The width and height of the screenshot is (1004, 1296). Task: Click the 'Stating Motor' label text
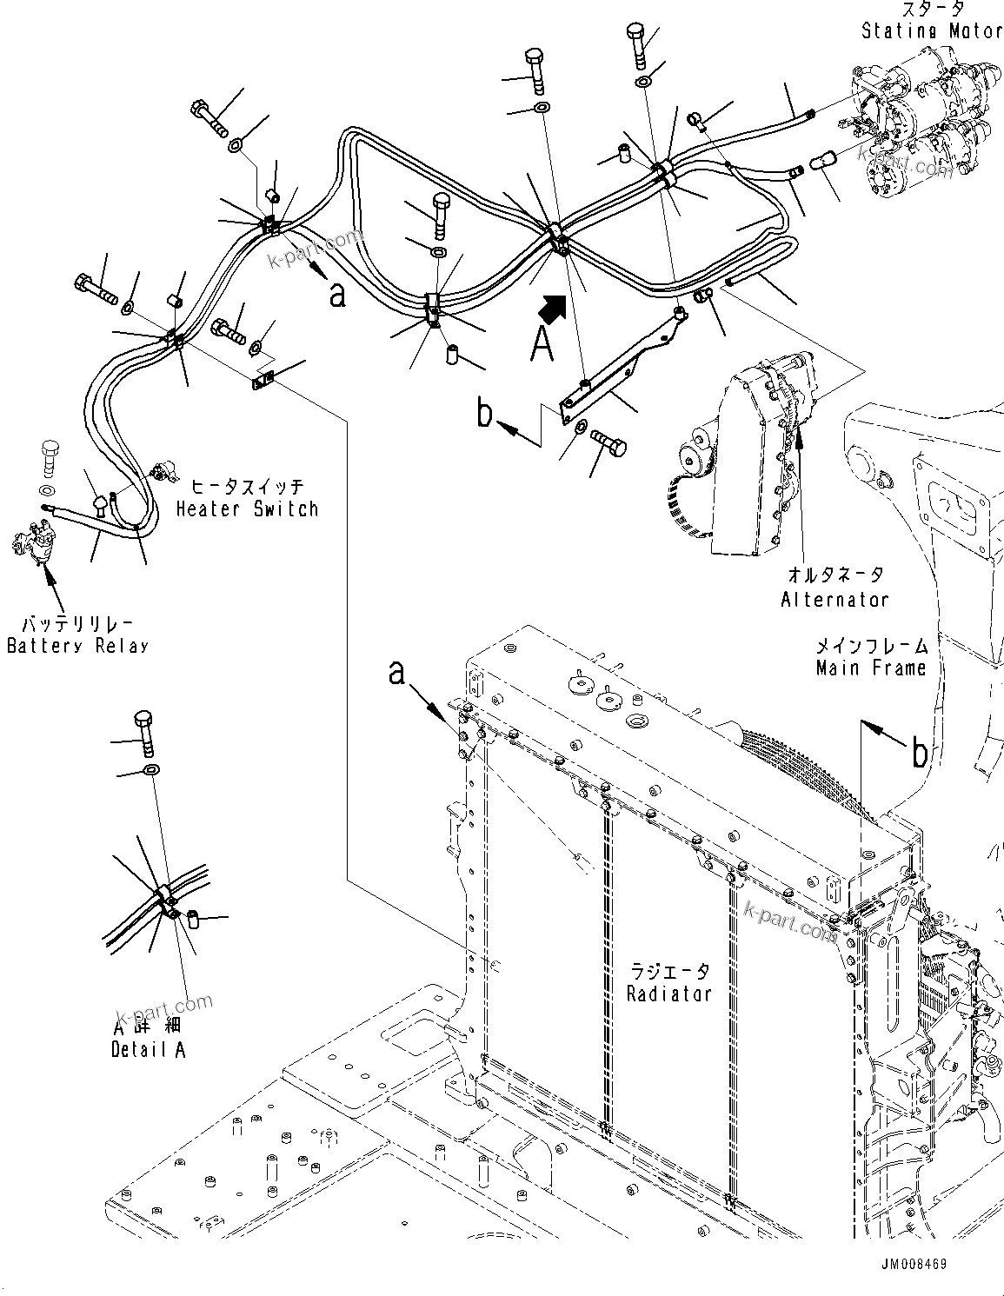931,30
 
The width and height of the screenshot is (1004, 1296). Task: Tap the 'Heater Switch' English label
247,509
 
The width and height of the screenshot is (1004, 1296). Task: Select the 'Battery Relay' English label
77,646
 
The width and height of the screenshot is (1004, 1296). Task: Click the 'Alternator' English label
834,599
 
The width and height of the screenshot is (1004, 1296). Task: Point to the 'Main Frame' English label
871,668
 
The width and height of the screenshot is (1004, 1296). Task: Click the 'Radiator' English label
668,993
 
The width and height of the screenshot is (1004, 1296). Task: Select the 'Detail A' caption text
148,1049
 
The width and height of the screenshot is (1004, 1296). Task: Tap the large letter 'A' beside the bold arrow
542,345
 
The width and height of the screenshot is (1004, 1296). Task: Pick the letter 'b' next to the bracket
485,413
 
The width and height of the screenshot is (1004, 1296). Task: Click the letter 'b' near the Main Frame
919,753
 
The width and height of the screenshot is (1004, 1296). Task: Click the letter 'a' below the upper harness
337,295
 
